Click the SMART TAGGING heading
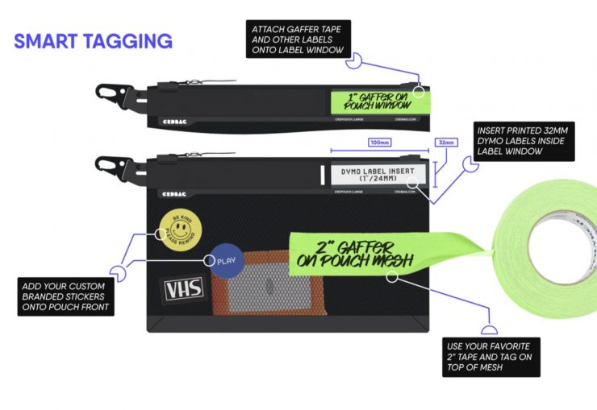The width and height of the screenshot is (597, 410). pos(93,40)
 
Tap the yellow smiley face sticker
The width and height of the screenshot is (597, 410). pos(178,226)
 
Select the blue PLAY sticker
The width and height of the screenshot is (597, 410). pos(222,260)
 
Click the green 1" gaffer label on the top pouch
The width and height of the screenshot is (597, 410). pos(377,101)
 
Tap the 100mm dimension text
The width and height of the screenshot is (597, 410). pos(378,143)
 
